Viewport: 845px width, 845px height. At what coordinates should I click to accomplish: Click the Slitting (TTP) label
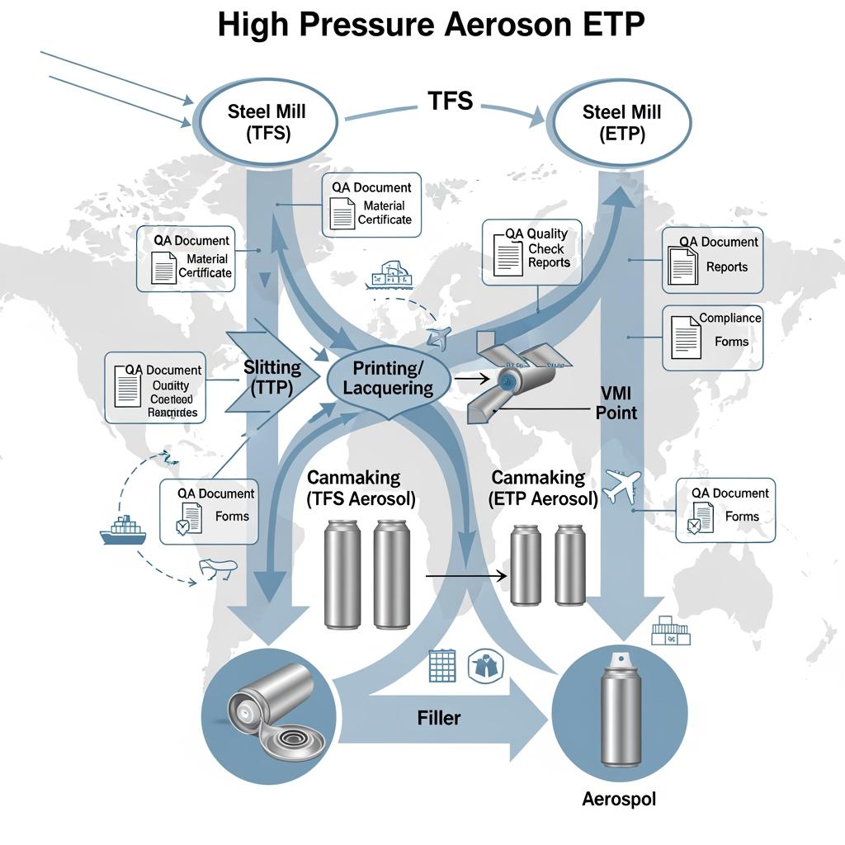272,378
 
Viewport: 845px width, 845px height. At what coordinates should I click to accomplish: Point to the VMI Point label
616,403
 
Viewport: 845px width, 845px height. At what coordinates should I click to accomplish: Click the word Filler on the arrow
438,718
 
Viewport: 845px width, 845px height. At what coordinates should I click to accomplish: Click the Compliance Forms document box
713,338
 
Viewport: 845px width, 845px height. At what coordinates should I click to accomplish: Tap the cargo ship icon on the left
123,530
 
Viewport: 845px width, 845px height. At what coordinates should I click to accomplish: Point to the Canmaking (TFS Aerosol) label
361,488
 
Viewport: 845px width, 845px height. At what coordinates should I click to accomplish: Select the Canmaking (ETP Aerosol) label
544,488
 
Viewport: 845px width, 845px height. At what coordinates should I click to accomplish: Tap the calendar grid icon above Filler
442,666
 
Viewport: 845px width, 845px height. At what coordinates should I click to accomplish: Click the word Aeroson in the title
502,26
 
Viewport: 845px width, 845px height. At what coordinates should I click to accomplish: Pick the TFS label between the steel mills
450,101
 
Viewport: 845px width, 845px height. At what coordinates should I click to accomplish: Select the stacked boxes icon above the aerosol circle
670,631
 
